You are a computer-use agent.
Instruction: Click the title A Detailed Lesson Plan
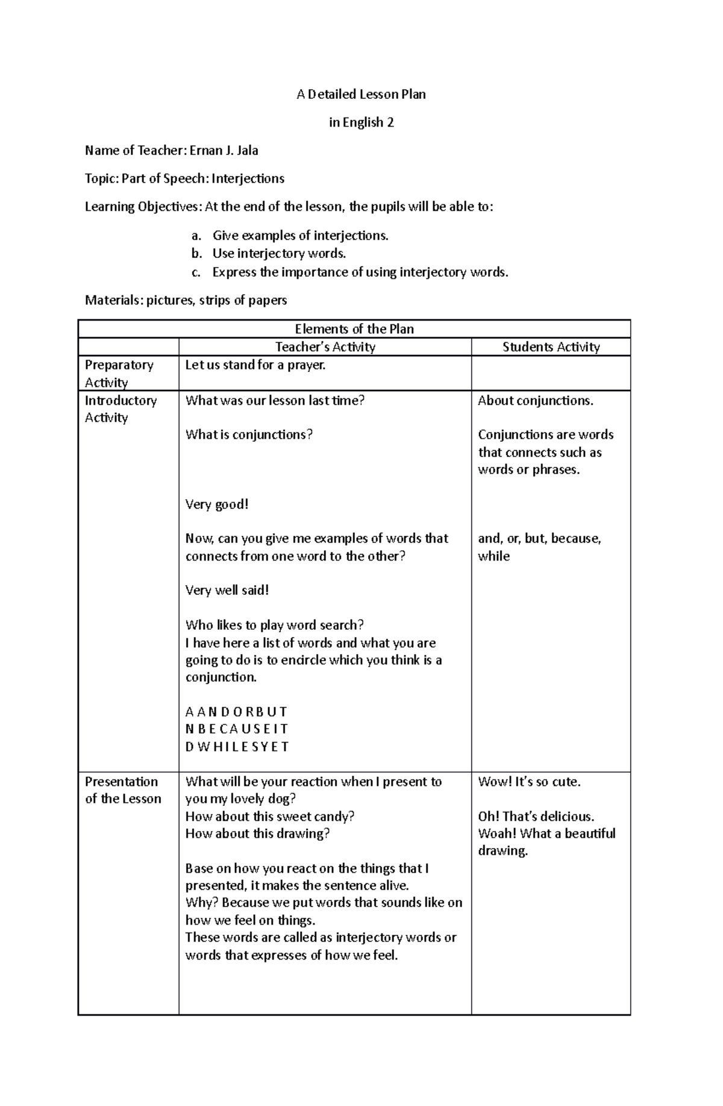click(x=361, y=94)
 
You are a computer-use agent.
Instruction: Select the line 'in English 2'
click(x=361, y=122)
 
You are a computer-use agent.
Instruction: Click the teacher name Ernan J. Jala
click(x=224, y=151)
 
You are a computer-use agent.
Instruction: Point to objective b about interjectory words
click(x=279, y=254)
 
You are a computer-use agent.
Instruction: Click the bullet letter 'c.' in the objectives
click(x=196, y=272)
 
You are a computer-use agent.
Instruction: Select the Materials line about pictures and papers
click(x=186, y=300)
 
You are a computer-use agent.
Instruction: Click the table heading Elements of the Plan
click(x=354, y=329)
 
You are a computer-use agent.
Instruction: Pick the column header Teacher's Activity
click(x=325, y=347)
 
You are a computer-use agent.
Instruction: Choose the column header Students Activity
click(x=551, y=347)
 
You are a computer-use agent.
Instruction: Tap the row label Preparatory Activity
click(x=119, y=374)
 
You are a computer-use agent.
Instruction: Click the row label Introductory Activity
click(x=120, y=409)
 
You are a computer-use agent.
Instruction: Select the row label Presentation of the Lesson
click(x=123, y=790)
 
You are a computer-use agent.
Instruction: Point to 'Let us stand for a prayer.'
click(x=255, y=365)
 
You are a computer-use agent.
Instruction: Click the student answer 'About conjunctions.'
click(x=535, y=401)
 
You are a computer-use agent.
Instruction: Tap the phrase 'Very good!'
click(x=217, y=504)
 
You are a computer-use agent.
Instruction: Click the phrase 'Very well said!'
click(x=227, y=591)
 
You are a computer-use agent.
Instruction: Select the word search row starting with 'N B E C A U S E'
click(x=237, y=729)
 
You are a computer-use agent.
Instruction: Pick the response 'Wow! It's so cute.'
click(x=529, y=782)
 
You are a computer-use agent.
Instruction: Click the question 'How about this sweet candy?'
click(x=269, y=817)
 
